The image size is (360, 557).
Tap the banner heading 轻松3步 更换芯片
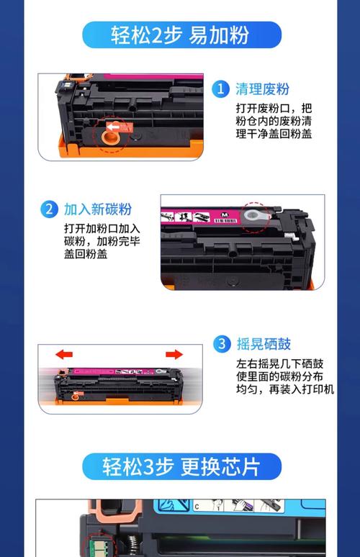181,466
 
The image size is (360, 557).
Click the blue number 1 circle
220,89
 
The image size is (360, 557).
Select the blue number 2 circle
48,209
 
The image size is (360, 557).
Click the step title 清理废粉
262,89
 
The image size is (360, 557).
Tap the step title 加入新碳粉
97,209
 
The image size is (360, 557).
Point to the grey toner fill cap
253,214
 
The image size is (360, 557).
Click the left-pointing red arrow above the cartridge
65,355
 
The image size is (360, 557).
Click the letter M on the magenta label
225,215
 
